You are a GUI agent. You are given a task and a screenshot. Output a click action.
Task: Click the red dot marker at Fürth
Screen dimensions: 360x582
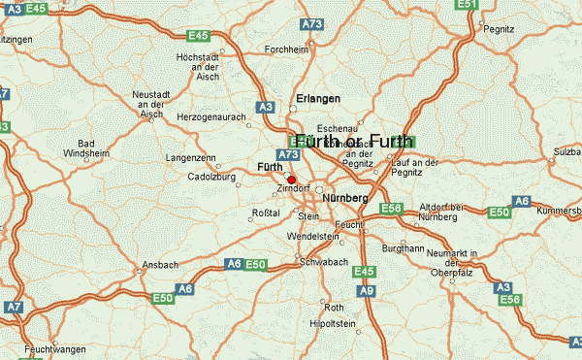point(291,179)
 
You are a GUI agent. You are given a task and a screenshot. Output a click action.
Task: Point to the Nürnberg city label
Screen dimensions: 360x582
point(344,198)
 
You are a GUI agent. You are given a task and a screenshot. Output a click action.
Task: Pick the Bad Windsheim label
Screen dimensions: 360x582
point(106,147)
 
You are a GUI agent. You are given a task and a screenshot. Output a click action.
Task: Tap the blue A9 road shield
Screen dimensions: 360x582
point(366,289)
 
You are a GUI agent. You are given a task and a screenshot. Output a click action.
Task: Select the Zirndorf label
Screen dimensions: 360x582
point(293,188)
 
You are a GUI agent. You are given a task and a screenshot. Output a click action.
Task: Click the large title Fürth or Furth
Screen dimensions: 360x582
point(355,141)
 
